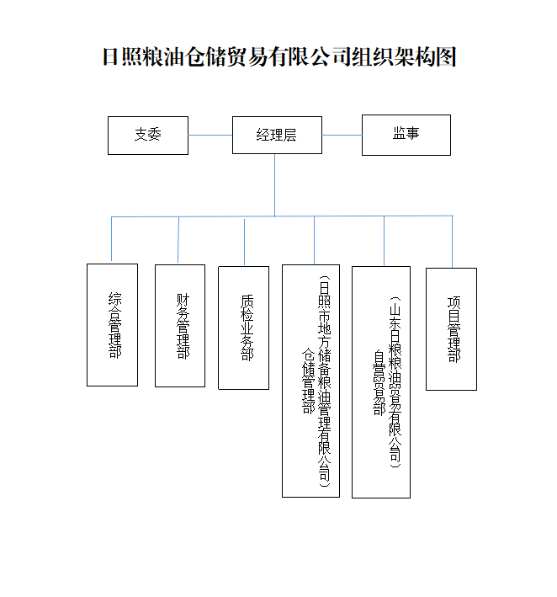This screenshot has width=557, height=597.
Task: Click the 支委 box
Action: tap(147, 135)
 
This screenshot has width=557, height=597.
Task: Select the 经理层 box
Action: tap(277, 135)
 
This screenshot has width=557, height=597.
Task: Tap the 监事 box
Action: tap(406, 135)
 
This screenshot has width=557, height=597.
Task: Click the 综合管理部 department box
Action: tap(112, 325)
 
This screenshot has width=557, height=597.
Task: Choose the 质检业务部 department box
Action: tap(243, 328)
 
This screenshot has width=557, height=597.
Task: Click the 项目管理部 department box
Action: tap(451, 328)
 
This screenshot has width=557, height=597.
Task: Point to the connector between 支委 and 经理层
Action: tap(210, 135)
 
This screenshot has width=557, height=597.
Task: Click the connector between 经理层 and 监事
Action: tap(342, 135)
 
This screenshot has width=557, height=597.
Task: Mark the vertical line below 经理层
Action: tap(274, 185)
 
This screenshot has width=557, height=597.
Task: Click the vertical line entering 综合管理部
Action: tap(112, 240)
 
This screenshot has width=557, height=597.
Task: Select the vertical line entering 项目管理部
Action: tap(452, 242)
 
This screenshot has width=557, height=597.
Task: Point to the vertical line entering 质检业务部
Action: tap(244, 242)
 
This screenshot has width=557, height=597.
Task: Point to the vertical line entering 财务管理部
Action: tap(178, 240)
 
